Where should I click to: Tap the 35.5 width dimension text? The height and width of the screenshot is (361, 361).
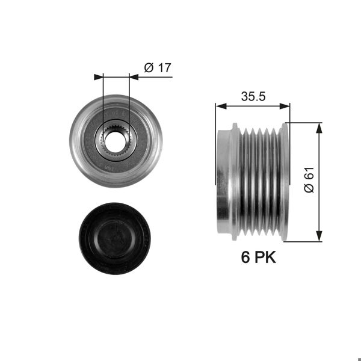pyautogui.click(x=253, y=94)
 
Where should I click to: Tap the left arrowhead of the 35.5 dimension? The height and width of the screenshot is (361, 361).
pyautogui.click(x=220, y=106)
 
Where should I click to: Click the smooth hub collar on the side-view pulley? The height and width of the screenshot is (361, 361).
pyautogui.click(x=223, y=180)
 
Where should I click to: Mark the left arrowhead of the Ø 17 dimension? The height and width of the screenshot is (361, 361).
pyautogui.click(x=99, y=77)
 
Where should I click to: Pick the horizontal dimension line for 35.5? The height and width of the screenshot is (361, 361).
pyautogui.click(x=253, y=106)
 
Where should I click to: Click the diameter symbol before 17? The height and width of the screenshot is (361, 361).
pyautogui.click(x=149, y=68)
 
